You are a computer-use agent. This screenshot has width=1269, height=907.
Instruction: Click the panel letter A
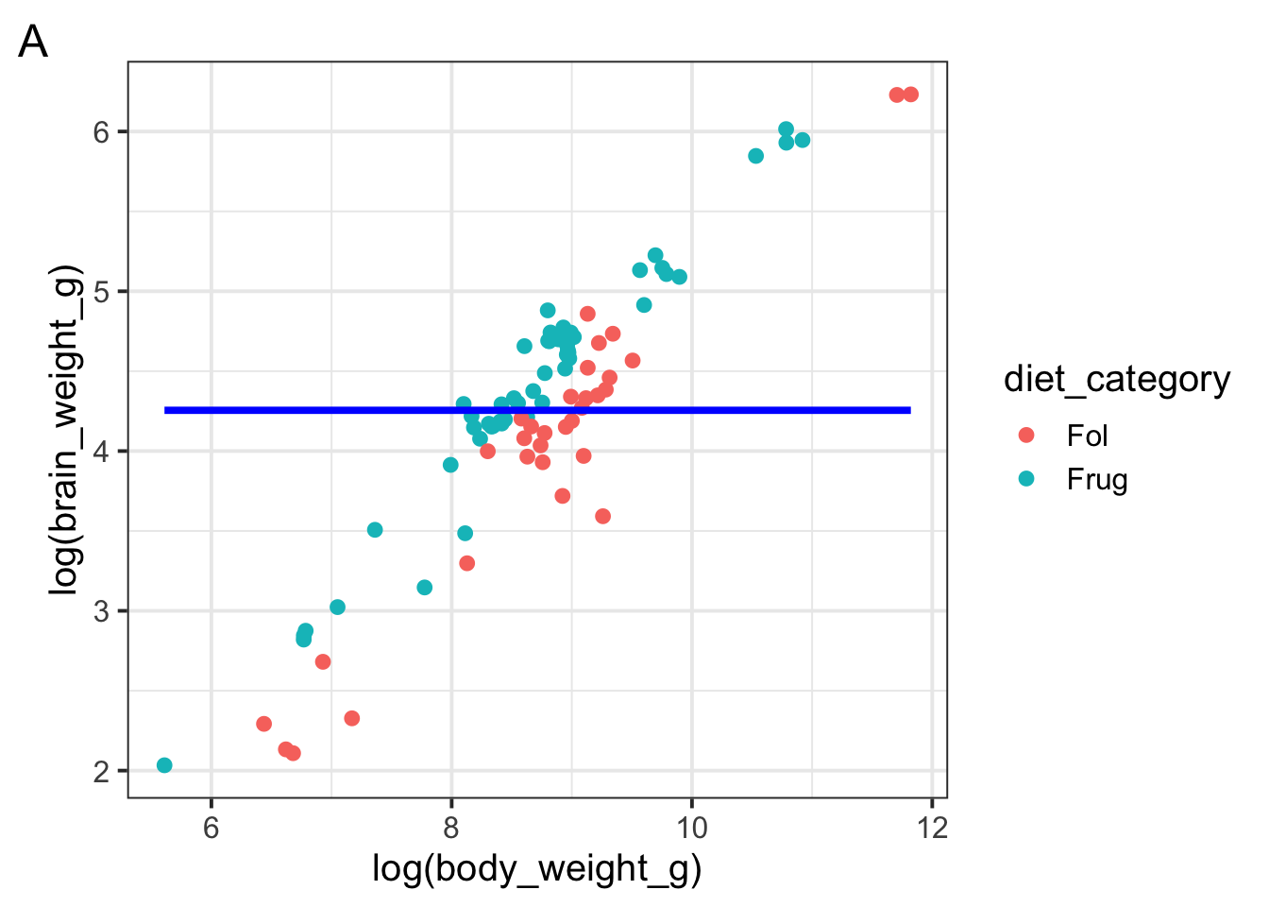33,43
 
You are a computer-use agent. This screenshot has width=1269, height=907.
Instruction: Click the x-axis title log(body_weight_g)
536,868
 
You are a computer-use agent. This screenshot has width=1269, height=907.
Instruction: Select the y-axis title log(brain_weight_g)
65,431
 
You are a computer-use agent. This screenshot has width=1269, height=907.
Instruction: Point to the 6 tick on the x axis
211,829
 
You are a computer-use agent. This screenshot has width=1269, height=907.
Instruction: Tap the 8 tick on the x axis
451,829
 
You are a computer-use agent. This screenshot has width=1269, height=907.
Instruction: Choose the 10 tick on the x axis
692,829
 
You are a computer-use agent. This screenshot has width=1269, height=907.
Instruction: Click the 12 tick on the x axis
932,829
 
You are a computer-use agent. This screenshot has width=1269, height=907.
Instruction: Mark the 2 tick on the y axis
102,771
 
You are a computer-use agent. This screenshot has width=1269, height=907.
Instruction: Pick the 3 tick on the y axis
102,611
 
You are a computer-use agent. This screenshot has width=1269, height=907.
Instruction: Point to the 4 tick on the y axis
102,452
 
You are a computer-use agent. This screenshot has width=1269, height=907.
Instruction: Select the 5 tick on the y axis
102,292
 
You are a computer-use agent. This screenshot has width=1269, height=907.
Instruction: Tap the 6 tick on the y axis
102,132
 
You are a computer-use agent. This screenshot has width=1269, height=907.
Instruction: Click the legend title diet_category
1117,379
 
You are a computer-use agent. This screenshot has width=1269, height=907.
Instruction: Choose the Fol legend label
1087,436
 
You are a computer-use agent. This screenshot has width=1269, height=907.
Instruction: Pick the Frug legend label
1097,479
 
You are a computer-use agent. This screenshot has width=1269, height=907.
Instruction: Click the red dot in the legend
1026,435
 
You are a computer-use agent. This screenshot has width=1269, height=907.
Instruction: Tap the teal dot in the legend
1026,478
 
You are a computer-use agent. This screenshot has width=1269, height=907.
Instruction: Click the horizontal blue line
537,410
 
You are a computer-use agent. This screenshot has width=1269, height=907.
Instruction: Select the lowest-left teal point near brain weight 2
164,765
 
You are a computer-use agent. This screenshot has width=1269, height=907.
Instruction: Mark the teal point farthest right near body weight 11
803,140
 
